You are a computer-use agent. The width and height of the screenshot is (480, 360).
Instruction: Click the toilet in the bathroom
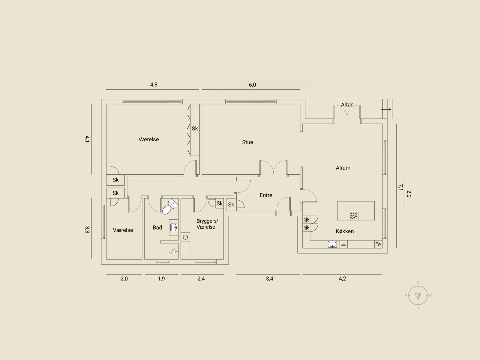click(170, 206)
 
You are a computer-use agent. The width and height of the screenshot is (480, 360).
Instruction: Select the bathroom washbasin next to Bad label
click(174, 227)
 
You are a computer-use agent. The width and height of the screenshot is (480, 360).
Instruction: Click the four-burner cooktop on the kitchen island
click(354, 216)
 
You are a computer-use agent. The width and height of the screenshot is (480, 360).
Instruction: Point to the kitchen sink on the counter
click(332, 244)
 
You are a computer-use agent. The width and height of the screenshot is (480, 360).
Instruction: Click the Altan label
click(347, 105)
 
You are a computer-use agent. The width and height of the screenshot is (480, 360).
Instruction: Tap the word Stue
click(247, 142)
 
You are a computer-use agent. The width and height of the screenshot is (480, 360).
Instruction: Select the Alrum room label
click(343, 168)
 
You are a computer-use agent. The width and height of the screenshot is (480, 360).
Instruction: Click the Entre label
click(266, 195)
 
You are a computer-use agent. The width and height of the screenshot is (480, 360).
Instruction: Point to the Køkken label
click(345, 231)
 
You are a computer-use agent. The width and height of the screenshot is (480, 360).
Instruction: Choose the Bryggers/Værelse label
click(207, 224)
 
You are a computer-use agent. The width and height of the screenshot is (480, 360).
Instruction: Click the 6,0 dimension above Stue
click(252, 85)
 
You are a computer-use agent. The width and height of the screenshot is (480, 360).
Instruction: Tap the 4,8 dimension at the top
click(154, 85)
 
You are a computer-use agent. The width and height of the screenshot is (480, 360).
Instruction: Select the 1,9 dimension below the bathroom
click(161, 279)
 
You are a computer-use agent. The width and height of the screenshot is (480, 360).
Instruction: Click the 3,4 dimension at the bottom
click(269, 279)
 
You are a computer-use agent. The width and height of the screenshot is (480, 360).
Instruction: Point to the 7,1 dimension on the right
click(400, 187)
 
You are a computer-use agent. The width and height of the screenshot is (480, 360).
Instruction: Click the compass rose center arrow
click(418, 296)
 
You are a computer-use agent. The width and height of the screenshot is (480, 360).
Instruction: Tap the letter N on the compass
click(418, 308)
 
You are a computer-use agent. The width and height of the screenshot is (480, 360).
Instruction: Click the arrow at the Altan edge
click(386, 109)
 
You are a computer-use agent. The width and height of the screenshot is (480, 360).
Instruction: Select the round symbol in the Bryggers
click(185, 237)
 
